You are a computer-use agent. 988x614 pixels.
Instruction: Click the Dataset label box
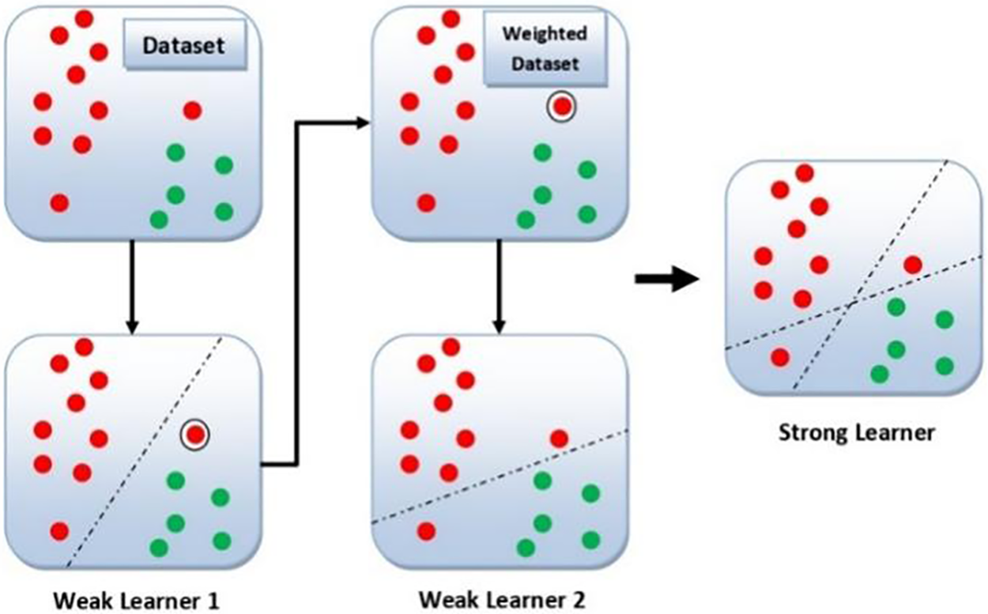click(184, 45)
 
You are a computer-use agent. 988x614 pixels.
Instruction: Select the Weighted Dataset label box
click(545, 49)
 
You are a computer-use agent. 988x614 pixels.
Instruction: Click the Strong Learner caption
click(857, 432)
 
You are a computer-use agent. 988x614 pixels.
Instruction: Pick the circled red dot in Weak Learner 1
click(194, 434)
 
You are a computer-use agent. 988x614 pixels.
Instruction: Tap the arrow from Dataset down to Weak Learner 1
click(133, 284)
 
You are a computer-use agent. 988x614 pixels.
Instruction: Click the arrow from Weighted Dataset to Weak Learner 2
click(498, 284)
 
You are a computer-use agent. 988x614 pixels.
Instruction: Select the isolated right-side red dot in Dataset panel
click(192, 111)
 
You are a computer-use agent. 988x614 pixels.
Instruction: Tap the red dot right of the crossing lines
click(912, 265)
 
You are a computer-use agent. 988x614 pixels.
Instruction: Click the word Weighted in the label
click(545, 35)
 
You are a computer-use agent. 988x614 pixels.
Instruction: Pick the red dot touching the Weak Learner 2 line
click(559, 439)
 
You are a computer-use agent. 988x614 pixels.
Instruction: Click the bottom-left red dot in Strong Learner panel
click(780, 357)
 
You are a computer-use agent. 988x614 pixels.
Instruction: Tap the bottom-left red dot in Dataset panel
click(59, 203)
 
